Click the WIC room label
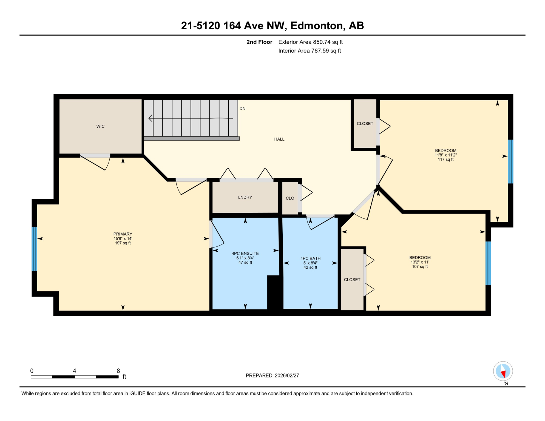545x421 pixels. [x=100, y=126]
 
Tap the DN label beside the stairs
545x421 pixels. [x=242, y=109]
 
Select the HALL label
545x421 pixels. [x=279, y=139]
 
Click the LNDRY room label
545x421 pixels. [x=245, y=197]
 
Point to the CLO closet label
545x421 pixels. [x=290, y=198]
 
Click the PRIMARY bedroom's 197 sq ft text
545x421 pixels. [x=123, y=243]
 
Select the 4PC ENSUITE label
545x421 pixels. [x=245, y=254]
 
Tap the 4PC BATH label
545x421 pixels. [x=310, y=258]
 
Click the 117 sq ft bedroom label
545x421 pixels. [x=445, y=159]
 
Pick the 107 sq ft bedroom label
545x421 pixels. [x=420, y=266]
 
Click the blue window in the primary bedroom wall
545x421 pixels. [x=35, y=249]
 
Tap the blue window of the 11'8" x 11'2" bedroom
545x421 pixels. [x=510, y=161]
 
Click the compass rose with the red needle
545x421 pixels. [x=503, y=371]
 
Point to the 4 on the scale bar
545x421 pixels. [x=75, y=371]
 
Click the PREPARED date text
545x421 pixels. [x=272, y=376]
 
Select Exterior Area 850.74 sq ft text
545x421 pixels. [x=310, y=42]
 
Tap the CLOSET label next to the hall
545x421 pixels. [x=365, y=124]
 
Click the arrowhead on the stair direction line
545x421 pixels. [x=150, y=118]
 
